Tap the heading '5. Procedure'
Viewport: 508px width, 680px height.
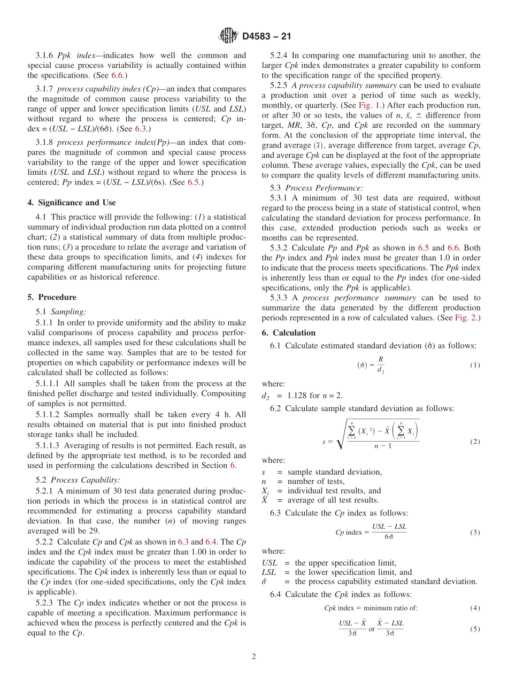(x=51, y=297)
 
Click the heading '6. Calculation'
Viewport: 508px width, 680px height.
(x=288, y=333)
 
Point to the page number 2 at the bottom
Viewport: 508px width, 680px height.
(x=254, y=657)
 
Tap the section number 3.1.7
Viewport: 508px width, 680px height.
(x=45, y=89)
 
